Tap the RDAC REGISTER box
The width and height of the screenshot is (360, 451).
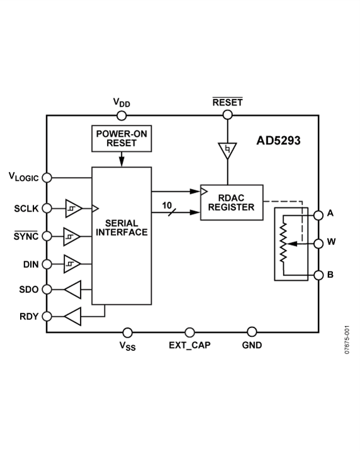tap(232, 202)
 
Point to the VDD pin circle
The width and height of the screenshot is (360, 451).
tap(121, 115)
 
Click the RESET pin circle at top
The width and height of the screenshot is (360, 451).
tap(227, 115)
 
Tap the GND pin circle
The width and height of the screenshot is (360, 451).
tap(252, 332)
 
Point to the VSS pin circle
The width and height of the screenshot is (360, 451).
tap(128, 332)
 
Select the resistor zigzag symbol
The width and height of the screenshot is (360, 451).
tap(285, 243)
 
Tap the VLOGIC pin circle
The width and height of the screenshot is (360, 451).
tap(47, 178)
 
